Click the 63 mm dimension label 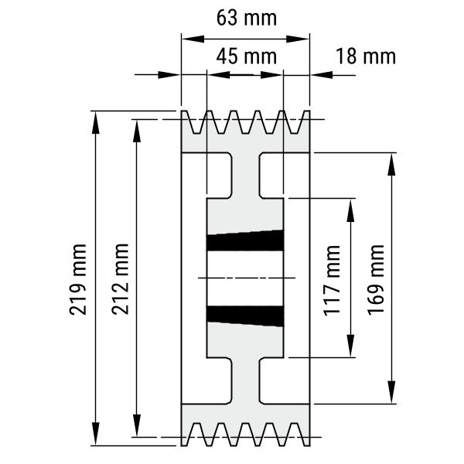coord(247,18)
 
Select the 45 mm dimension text coord(247,56)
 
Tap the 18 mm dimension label coord(366,56)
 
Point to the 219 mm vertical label coord(78,279)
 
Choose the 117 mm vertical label coord(332,281)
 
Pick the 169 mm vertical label coord(376,280)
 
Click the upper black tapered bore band coord(245,241)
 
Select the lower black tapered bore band coord(245,316)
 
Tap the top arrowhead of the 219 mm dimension coord(95,123)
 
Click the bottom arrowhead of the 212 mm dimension coord(136,425)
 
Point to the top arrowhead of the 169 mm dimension coord(391,164)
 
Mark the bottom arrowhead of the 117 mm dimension coord(350,346)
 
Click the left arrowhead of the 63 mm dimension coord(193,39)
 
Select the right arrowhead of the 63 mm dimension coord(298,39)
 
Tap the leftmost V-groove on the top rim coord(196,122)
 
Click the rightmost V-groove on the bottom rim coord(294,434)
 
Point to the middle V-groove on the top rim coord(245,122)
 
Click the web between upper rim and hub coord(245,176)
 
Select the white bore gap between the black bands coord(245,278)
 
